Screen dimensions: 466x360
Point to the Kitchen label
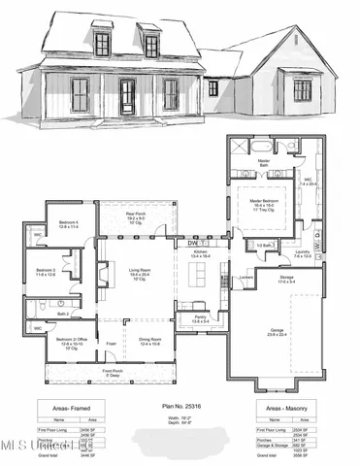click(200, 250)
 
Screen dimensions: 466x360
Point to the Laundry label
click(302, 255)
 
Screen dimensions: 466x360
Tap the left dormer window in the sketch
click(102, 44)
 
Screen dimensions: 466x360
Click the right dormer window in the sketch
click(151, 45)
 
